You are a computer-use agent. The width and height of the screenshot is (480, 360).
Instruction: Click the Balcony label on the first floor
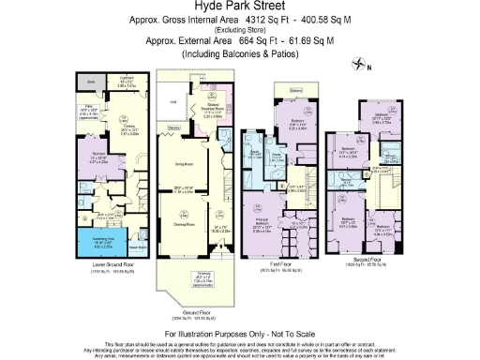296,92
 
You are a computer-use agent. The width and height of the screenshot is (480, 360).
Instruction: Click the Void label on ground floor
172,101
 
